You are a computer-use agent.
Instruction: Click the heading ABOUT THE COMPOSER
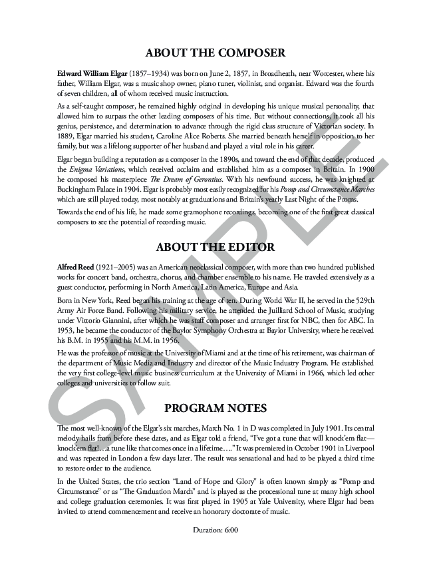(215, 53)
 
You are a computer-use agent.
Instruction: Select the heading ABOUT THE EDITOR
(215, 247)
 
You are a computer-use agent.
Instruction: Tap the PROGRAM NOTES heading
(215, 408)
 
